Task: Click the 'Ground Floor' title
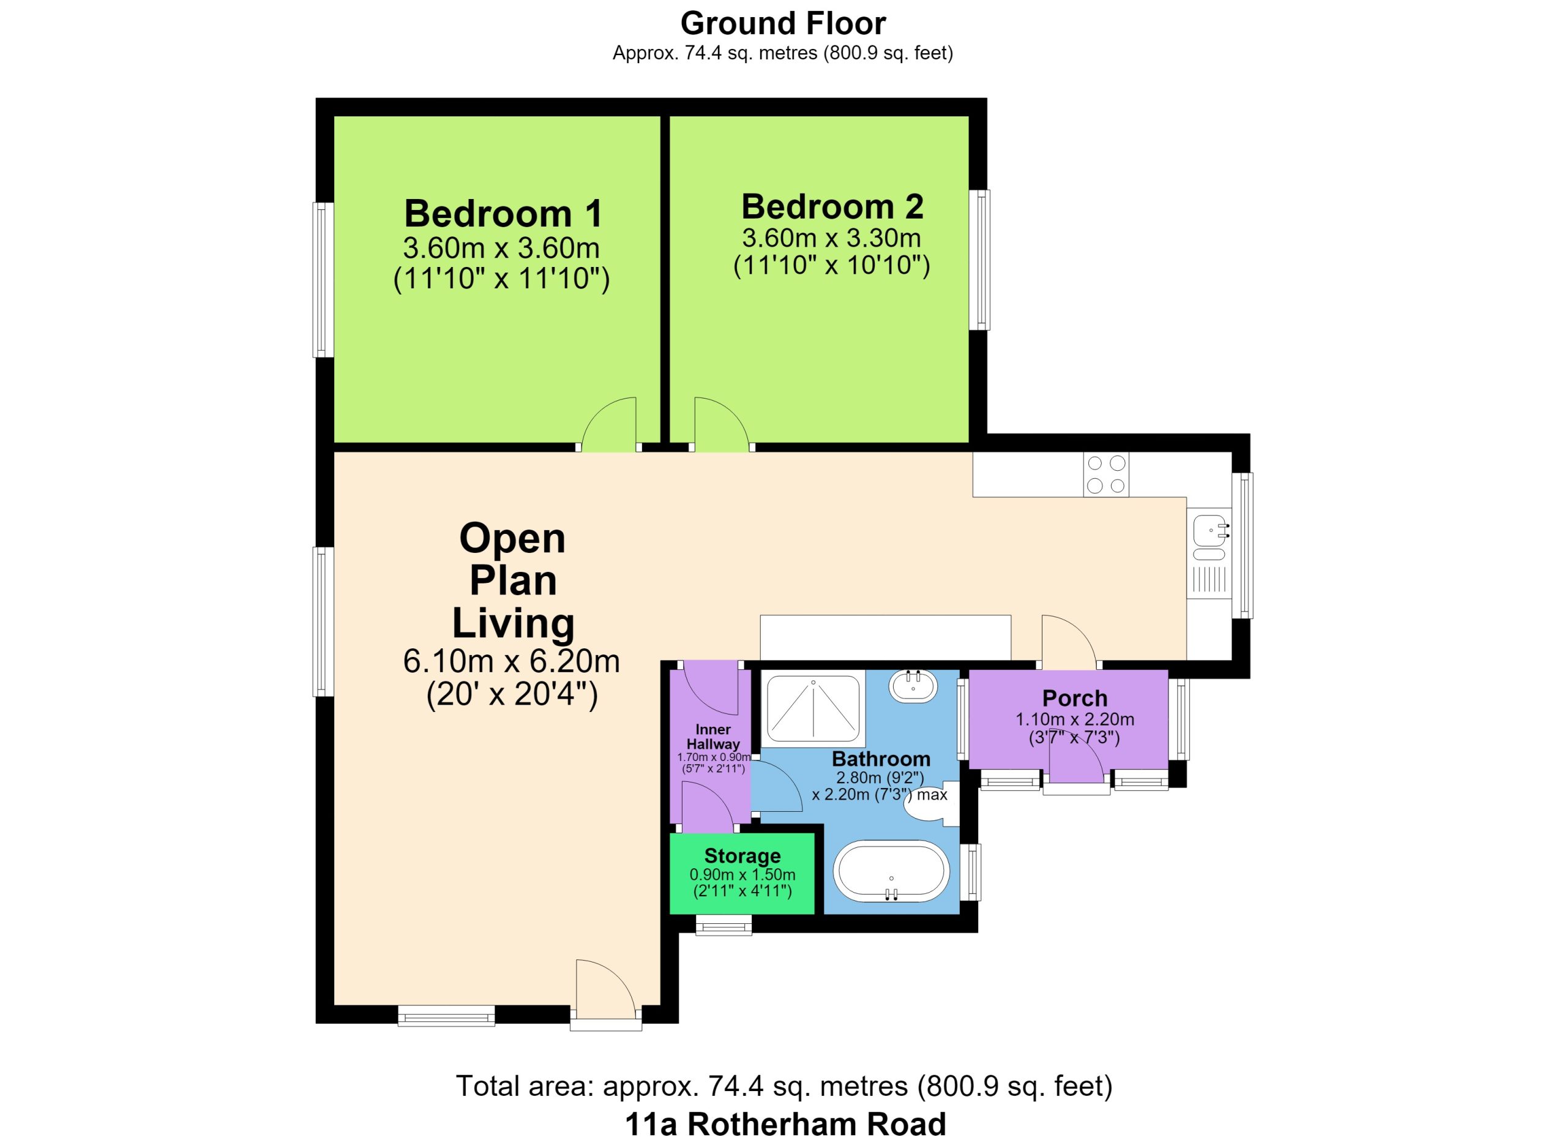coord(783,24)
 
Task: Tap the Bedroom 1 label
coord(503,214)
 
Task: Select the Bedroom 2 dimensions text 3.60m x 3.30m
coord(831,238)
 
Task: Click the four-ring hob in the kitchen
coord(1105,474)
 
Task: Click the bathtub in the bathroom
coord(891,872)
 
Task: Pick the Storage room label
coord(742,856)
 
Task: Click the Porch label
coord(1074,698)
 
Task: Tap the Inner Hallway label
coord(713,737)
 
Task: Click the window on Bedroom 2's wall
coord(979,260)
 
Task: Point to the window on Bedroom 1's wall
coord(323,280)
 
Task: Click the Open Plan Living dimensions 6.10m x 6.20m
coord(511,662)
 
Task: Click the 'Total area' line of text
coord(784,1086)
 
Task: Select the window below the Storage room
coord(724,924)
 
